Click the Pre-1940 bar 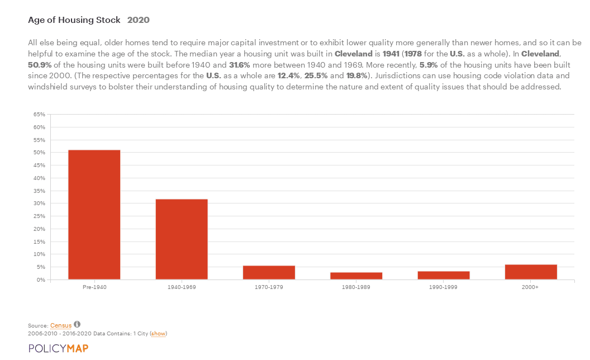click(x=94, y=215)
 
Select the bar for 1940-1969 click(x=182, y=239)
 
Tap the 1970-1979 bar click(x=269, y=273)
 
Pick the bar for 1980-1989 click(x=356, y=276)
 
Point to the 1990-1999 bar click(x=444, y=276)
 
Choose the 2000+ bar click(x=531, y=272)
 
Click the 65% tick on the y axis click(x=39, y=114)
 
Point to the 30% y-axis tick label click(x=39, y=203)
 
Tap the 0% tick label click(x=41, y=280)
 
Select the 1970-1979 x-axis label click(x=269, y=287)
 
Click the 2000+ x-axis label click(x=531, y=287)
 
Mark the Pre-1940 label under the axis click(x=94, y=287)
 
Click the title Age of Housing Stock click(x=74, y=20)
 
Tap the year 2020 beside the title click(x=138, y=20)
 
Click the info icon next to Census click(x=77, y=324)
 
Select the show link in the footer click(x=159, y=334)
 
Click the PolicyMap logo click(x=58, y=348)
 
